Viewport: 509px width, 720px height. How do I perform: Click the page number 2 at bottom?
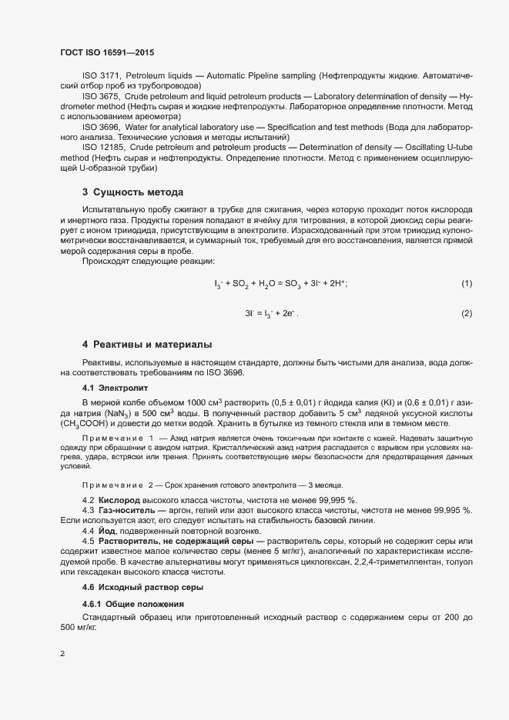62,655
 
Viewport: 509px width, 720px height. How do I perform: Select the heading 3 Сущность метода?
132,192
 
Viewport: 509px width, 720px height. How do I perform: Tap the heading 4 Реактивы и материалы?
147,344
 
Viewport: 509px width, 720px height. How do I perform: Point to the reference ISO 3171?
100,76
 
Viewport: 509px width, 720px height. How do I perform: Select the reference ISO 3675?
100,96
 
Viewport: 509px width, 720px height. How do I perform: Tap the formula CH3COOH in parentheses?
86,424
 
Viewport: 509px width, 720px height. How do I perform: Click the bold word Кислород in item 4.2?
118,501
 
